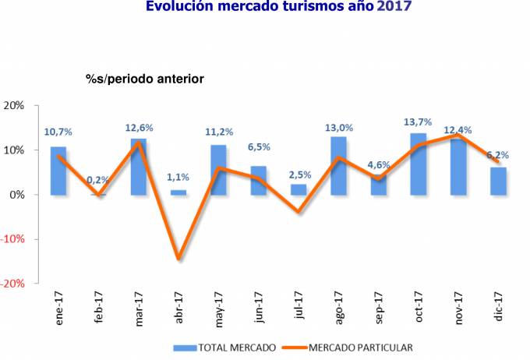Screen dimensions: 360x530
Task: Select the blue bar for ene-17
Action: click(x=58, y=171)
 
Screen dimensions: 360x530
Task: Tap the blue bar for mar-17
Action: click(x=138, y=167)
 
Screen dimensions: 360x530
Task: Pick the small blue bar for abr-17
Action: click(x=178, y=192)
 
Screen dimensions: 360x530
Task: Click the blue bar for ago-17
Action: click(x=338, y=166)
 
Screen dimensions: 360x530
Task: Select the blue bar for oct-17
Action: click(x=419, y=164)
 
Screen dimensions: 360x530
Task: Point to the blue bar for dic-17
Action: click(x=499, y=181)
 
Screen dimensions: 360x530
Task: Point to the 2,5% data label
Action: click(x=299, y=174)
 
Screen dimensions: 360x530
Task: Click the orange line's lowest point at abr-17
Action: click(x=178, y=258)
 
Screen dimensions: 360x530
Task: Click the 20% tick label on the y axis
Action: click(x=16, y=105)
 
